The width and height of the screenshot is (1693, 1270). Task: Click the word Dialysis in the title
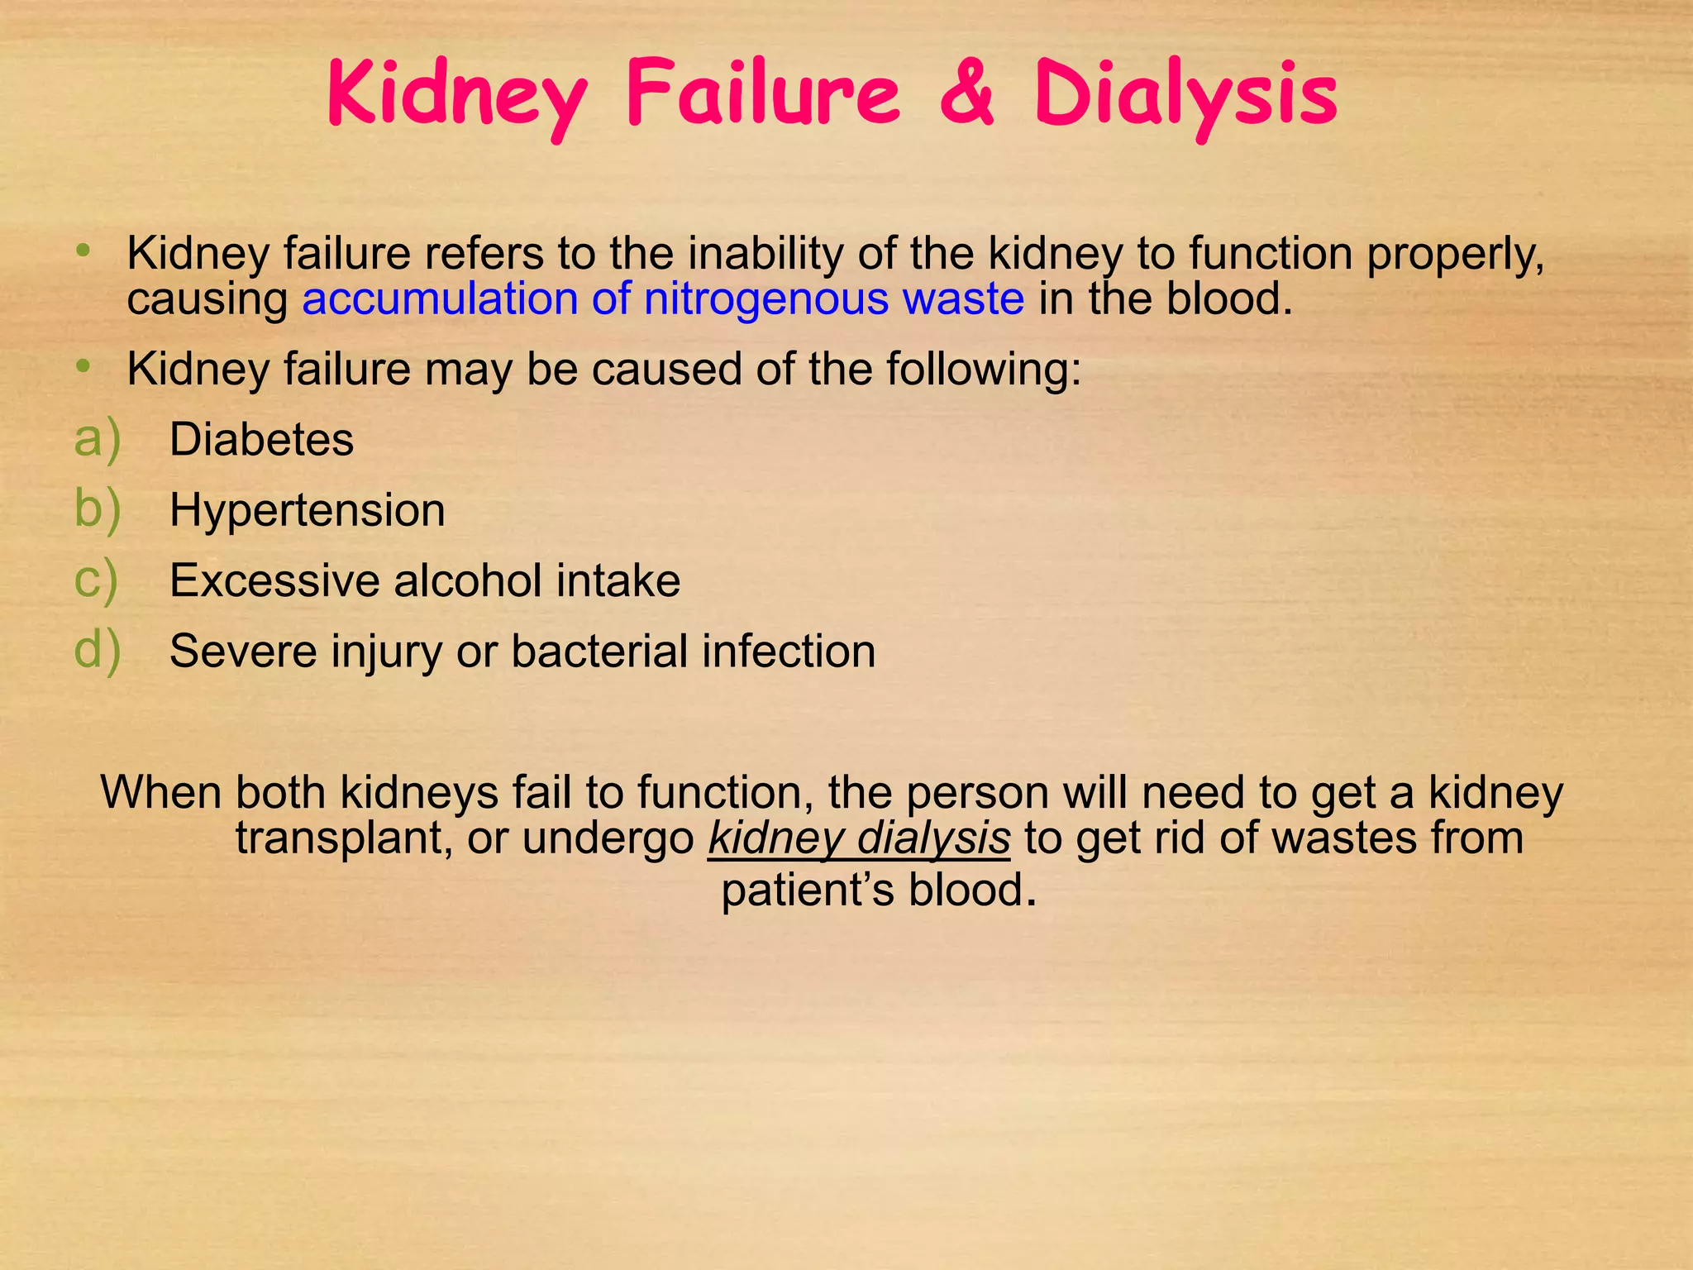1185,98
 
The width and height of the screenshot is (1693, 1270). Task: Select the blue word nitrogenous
766,298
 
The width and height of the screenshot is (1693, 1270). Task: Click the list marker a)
98,439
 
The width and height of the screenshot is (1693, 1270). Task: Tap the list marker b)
98,509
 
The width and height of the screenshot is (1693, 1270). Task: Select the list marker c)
96,580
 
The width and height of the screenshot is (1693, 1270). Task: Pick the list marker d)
98,651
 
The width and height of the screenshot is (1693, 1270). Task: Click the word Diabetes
261,439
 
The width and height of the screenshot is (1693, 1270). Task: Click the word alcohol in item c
467,580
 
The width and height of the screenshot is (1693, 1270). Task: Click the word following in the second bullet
984,370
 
